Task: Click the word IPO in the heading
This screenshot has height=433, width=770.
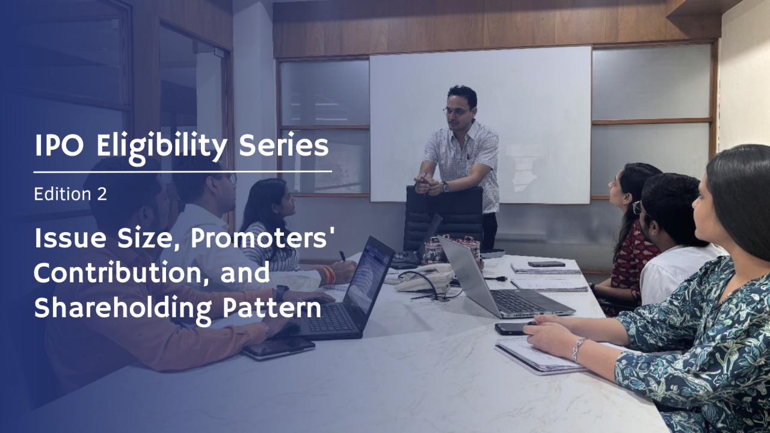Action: [x=59, y=146]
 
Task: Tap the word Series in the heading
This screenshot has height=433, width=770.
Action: [x=283, y=146]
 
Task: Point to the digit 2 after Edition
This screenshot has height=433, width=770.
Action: [x=102, y=194]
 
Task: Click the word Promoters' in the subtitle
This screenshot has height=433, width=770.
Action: [x=263, y=239]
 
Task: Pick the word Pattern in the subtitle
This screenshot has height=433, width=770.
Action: [x=272, y=308]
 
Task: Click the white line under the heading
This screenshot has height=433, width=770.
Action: [x=183, y=171]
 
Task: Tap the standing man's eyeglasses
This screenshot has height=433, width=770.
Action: [x=457, y=111]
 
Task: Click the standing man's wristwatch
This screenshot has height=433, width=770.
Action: [x=446, y=186]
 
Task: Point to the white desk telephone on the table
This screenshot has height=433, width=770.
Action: [x=423, y=278]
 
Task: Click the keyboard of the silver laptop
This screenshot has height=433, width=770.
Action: [x=516, y=300]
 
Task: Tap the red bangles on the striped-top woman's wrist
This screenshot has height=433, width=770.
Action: [x=329, y=275]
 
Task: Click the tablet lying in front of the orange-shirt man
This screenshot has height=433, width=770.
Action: [x=279, y=348]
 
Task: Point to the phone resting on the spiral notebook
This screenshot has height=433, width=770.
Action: [x=546, y=263]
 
